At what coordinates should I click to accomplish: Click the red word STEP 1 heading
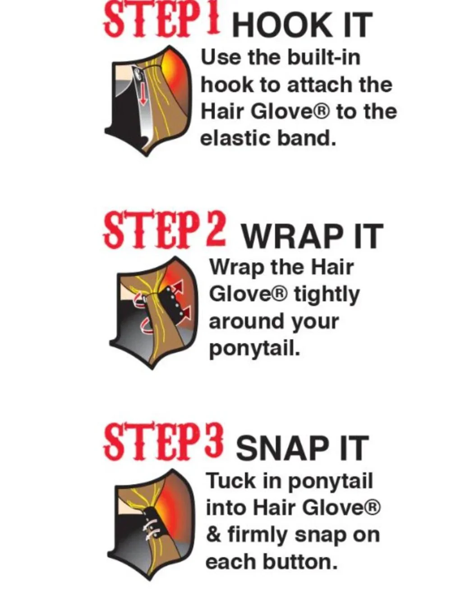(x=162, y=21)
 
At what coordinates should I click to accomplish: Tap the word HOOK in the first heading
(x=281, y=25)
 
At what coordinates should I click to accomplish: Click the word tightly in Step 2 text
(x=327, y=295)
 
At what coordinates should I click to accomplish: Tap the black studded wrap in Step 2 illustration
(x=170, y=303)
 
